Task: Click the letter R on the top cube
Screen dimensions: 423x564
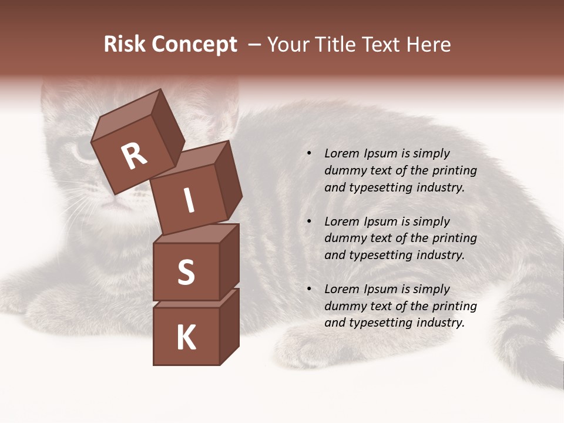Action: (x=134, y=157)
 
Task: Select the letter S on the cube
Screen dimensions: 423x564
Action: (x=186, y=273)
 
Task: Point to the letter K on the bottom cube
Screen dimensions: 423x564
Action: (x=186, y=338)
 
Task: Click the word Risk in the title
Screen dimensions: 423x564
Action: (x=125, y=45)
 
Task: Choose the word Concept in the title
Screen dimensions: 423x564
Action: (x=195, y=45)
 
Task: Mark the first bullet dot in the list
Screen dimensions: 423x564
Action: (x=309, y=154)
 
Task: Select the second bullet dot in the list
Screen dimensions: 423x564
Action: (x=309, y=221)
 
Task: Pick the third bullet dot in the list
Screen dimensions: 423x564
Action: (x=309, y=289)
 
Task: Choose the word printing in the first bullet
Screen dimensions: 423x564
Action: (x=455, y=171)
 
